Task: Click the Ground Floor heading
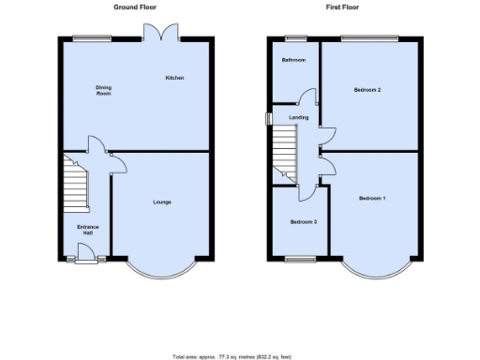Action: (135, 7)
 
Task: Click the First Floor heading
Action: (342, 7)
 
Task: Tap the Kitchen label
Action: (174, 77)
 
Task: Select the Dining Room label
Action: (103, 90)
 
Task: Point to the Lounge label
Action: (161, 202)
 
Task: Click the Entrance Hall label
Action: (87, 230)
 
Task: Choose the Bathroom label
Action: (294, 60)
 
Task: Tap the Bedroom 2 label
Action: (367, 90)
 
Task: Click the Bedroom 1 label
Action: (372, 199)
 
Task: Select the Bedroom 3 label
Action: (303, 222)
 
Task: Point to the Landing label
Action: (299, 117)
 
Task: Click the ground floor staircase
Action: (73, 183)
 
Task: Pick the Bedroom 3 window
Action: (300, 258)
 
